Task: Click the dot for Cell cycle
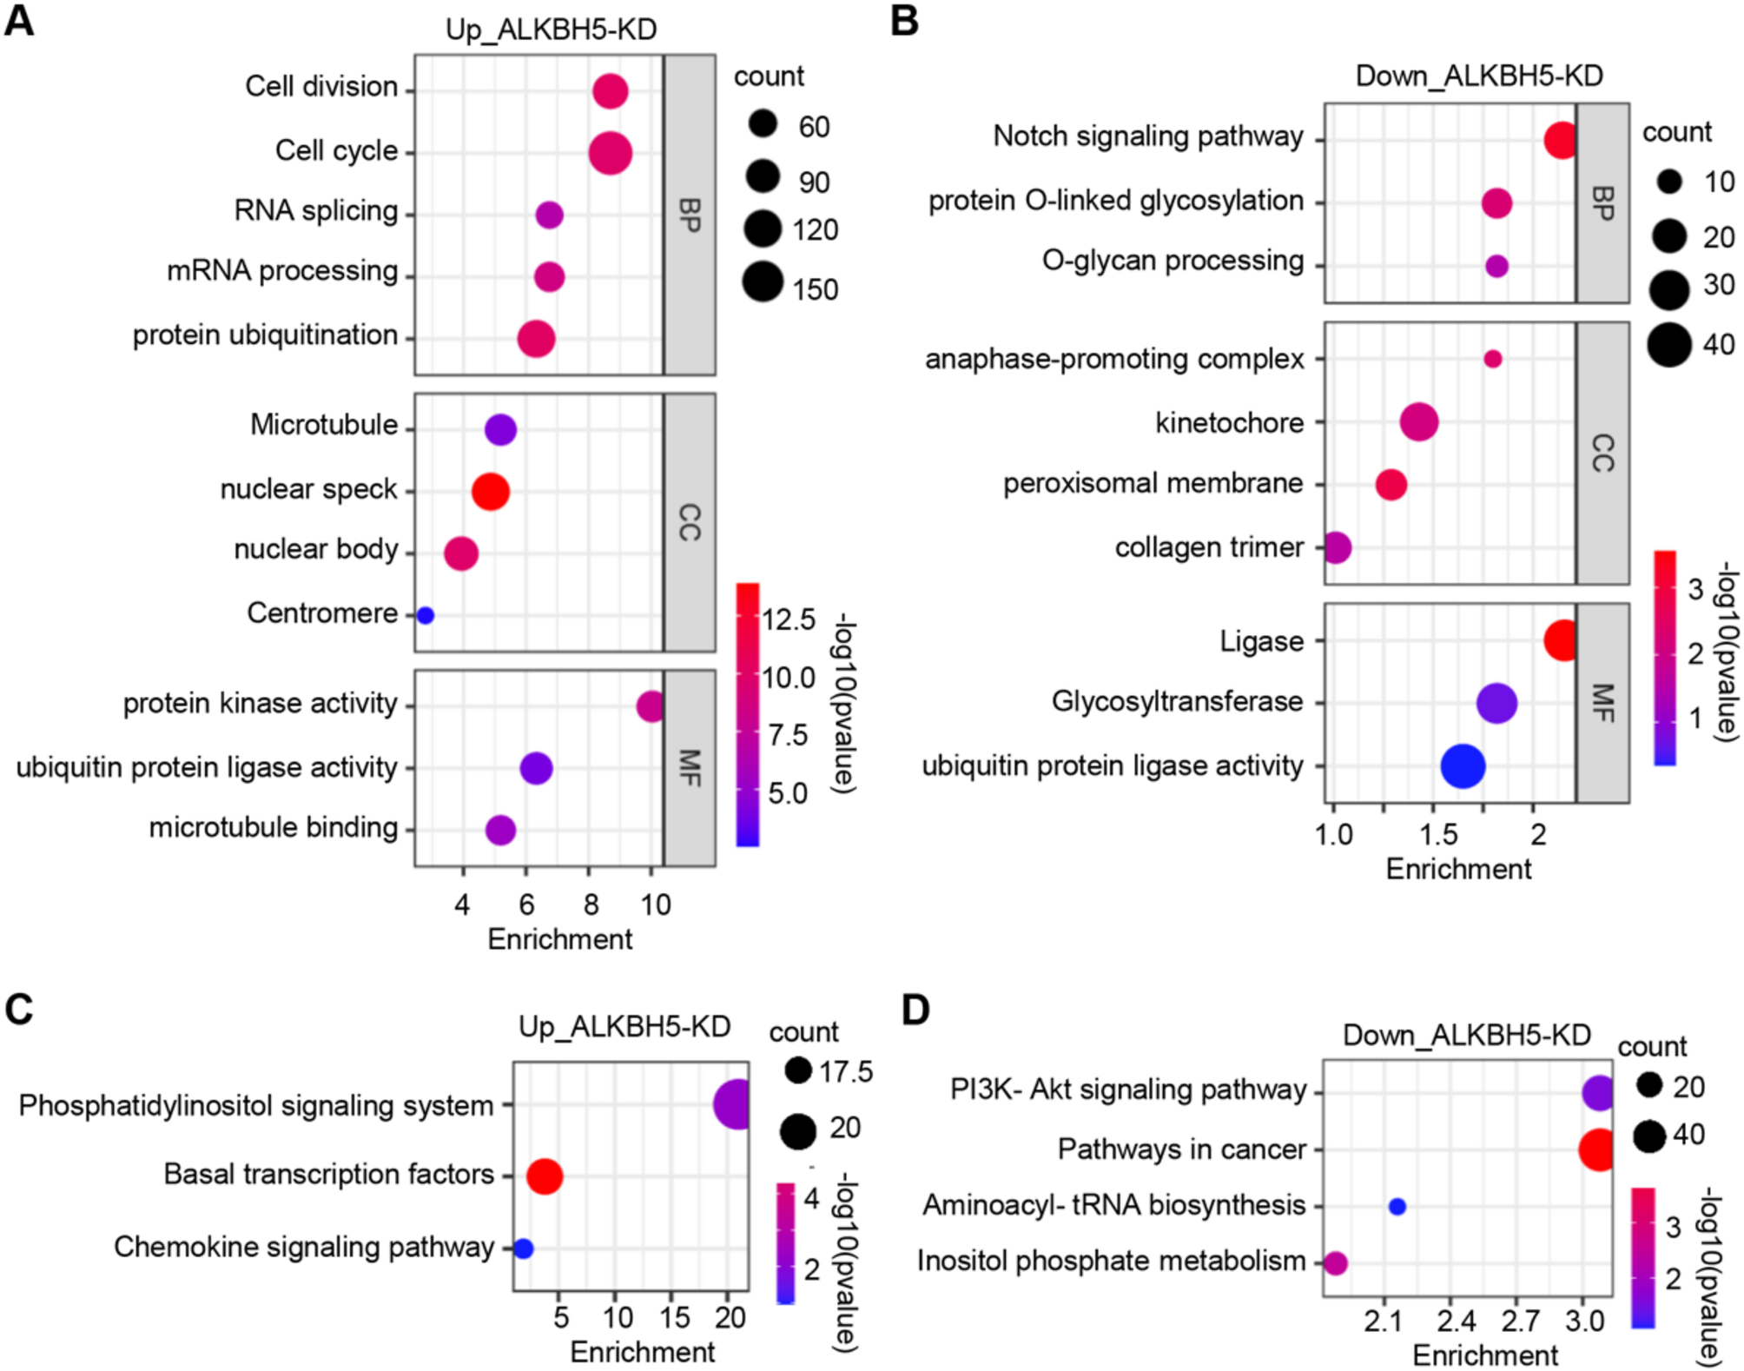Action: pos(610,154)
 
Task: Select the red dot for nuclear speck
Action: pos(490,492)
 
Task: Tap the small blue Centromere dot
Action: pos(425,615)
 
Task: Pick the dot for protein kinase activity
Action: pos(651,706)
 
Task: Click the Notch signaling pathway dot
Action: pos(1561,140)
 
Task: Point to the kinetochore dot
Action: pos(1419,422)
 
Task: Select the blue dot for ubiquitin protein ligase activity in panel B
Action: pos(1463,766)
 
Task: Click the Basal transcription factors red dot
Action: pos(545,1176)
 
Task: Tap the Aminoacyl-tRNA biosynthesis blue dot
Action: pos(1397,1207)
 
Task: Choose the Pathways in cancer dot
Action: pos(1597,1149)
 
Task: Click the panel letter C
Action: pos(19,1010)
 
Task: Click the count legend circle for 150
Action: pos(763,281)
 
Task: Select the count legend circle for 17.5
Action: pos(797,1070)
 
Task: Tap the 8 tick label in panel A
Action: pos(591,905)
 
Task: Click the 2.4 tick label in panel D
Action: pos(1456,1321)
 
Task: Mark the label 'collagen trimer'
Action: pos(1209,548)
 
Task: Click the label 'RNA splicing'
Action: pos(316,211)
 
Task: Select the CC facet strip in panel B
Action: pos(1602,454)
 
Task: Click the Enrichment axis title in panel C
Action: pos(643,1352)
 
